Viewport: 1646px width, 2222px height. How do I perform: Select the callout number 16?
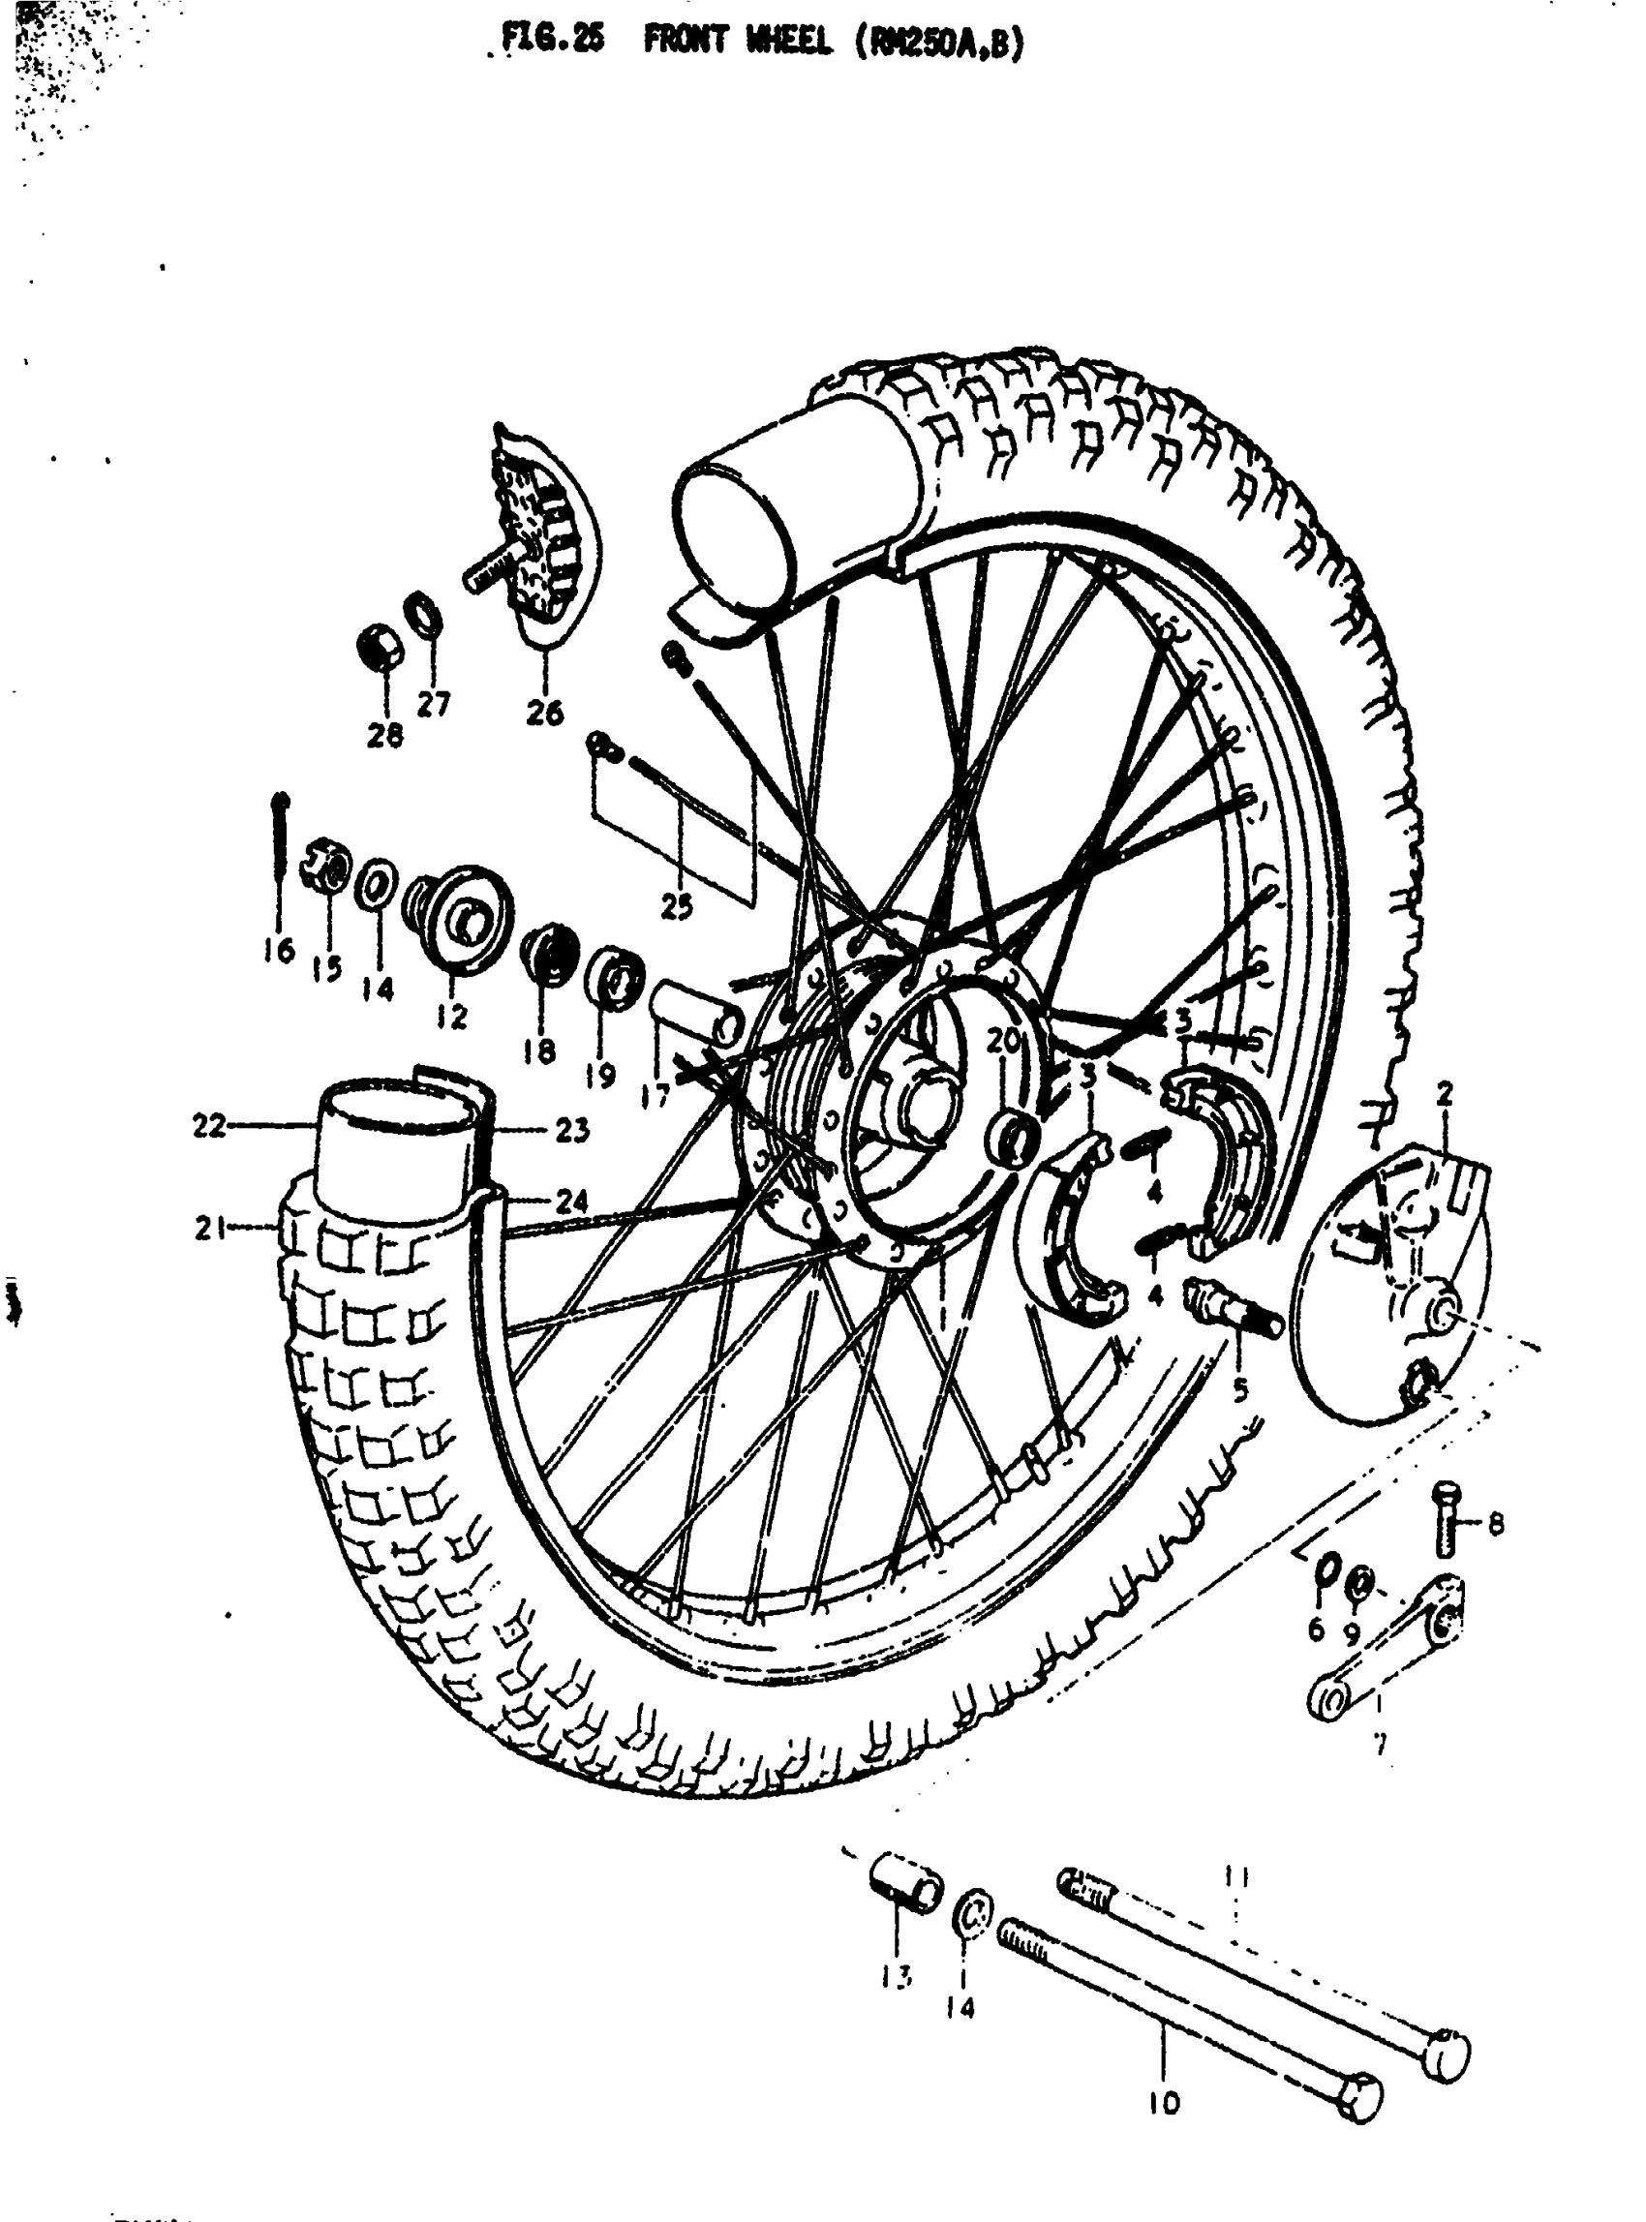coord(280,950)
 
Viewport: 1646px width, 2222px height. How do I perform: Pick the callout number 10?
coord(1163,2104)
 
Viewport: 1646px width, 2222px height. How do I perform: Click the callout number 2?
coord(1445,1094)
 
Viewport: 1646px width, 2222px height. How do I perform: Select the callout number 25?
coord(677,908)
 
